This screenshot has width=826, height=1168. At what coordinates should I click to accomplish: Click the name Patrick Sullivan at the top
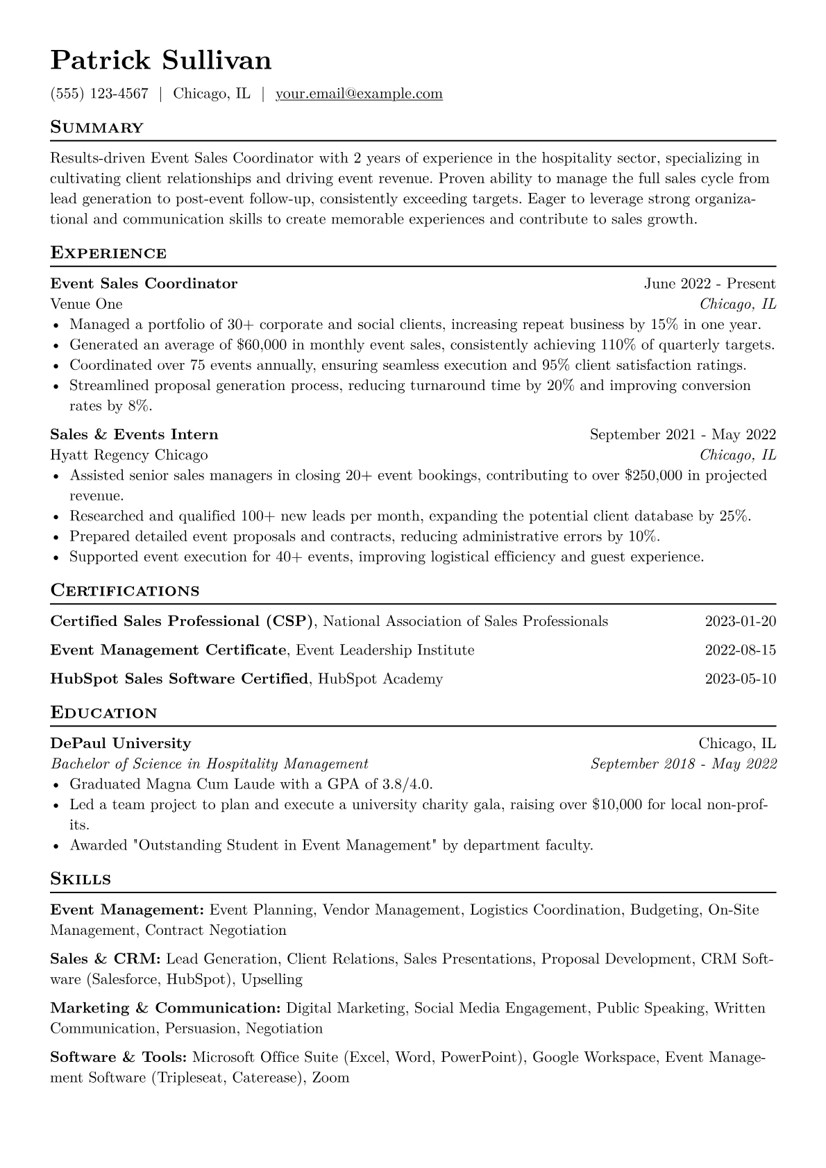160,61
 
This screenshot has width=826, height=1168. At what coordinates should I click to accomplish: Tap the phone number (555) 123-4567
99,94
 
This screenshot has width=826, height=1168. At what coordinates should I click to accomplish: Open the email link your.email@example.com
359,94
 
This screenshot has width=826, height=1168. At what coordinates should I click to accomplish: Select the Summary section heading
96,128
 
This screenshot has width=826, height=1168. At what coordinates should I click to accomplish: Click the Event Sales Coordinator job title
144,284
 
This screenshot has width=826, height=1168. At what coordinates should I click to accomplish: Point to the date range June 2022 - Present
709,284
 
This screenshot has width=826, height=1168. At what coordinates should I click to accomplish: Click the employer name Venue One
86,304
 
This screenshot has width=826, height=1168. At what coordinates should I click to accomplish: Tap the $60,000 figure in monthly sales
260,345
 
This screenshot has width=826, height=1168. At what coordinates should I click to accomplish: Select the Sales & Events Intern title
134,435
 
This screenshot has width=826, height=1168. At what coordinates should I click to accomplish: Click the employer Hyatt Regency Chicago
129,455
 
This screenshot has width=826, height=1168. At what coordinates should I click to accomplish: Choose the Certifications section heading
125,591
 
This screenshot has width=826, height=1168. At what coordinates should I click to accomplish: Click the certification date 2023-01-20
740,622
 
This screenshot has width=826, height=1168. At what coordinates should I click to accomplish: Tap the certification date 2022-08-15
740,651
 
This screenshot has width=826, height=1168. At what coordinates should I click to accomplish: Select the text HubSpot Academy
380,679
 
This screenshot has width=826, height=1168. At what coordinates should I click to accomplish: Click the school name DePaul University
120,744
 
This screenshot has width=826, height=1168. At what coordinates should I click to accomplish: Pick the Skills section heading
81,879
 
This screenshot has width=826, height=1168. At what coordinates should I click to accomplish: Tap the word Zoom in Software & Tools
330,1078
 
